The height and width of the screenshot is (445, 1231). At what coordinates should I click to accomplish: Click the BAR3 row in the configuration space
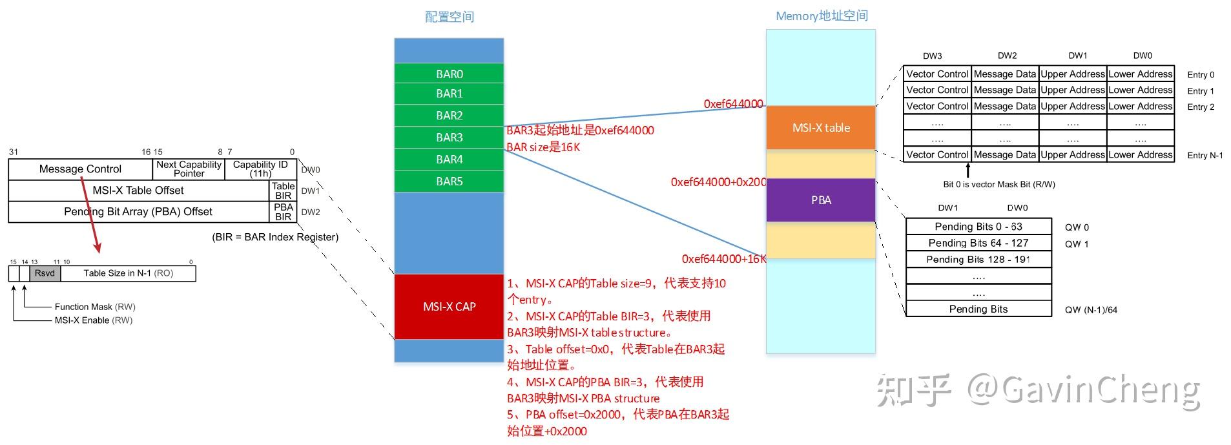(x=449, y=138)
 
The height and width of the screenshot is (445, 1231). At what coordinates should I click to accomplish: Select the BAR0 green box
(x=449, y=74)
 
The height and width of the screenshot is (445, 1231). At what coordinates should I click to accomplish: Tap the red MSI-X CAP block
(x=449, y=307)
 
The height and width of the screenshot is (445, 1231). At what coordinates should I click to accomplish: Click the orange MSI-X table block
(x=820, y=128)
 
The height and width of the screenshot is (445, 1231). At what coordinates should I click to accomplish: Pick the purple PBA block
(x=820, y=200)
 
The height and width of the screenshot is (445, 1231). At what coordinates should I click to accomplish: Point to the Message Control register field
(x=80, y=169)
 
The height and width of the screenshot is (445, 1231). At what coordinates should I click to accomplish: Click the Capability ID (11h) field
(x=260, y=169)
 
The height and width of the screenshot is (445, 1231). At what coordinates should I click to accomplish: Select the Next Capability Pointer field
(x=189, y=169)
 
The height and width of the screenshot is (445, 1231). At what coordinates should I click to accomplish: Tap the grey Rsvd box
(x=45, y=273)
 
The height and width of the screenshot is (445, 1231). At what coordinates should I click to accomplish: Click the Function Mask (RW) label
(x=95, y=307)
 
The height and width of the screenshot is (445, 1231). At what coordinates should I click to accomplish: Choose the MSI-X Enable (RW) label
(x=94, y=320)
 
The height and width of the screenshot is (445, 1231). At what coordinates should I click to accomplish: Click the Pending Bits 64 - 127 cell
(x=978, y=243)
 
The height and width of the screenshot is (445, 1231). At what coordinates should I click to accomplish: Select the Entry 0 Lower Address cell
(x=1141, y=74)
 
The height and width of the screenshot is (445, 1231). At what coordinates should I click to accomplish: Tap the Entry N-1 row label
(x=1205, y=155)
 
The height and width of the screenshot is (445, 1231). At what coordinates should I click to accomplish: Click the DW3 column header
(x=932, y=56)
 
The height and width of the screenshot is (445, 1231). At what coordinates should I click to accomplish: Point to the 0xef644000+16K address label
(x=723, y=259)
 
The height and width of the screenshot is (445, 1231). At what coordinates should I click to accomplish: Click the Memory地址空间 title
(x=822, y=16)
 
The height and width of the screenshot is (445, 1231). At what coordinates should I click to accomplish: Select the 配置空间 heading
(x=449, y=17)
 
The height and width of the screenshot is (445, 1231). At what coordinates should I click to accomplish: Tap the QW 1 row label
(x=1077, y=244)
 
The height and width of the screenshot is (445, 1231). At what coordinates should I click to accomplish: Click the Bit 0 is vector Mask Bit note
(x=998, y=185)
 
